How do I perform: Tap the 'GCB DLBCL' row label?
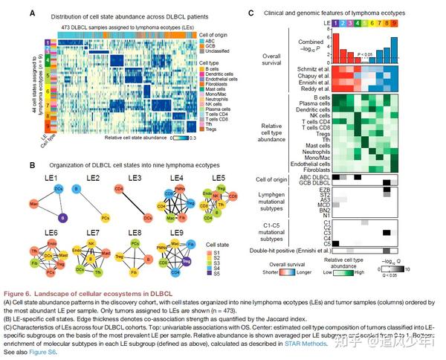[x=312, y=183]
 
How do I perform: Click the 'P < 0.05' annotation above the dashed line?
[x=369, y=55]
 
